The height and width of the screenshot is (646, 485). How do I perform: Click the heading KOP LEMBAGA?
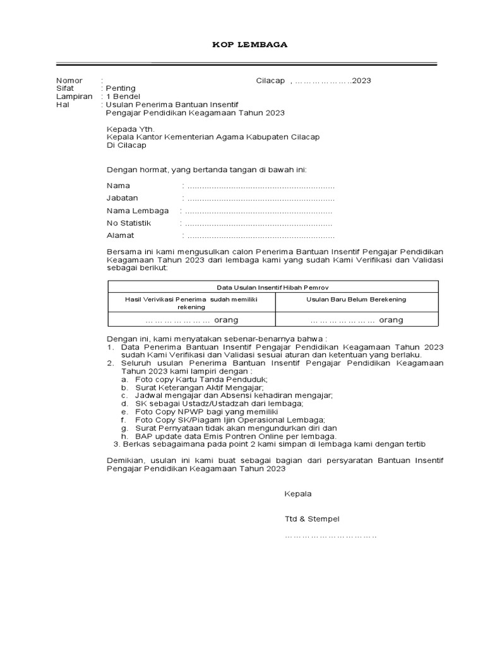point(249,45)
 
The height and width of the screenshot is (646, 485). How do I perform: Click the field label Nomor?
point(69,80)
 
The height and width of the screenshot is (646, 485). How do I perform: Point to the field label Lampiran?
point(74,97)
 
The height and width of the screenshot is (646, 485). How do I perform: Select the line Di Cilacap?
point(126,145)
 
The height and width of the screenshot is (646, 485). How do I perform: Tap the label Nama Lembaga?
point(138,211)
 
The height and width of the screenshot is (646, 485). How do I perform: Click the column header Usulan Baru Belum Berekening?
point(356,299)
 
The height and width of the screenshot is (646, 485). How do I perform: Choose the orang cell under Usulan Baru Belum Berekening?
point(356,320)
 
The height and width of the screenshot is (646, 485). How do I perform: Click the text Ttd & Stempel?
point(312,519)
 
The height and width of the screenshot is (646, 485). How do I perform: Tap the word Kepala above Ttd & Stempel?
point(298,494)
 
